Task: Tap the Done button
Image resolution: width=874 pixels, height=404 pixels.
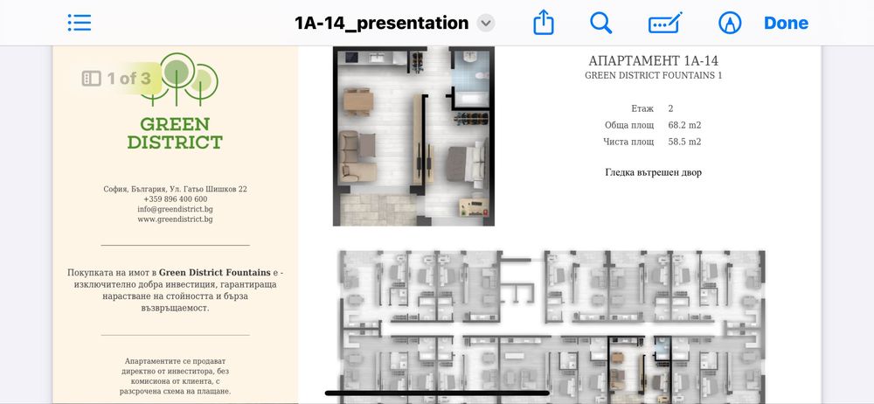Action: [x=786, y=23]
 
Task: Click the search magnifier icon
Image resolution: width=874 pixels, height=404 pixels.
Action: [x=601, y=23]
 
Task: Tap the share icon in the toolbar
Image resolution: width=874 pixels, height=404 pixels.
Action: [x=544, y=23]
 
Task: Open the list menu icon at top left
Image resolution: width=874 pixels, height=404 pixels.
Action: [x=80, y=23]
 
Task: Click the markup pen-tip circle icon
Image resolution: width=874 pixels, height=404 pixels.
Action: [x=730, y=23]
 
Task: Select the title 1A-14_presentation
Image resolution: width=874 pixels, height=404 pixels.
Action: [x=381, y=23]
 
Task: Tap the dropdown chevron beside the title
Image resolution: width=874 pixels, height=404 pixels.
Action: [x=486, y=24]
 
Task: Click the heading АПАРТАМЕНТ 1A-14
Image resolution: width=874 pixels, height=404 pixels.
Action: [x=653, y=61]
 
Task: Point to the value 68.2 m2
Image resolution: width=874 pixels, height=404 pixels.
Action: [x=684, y=125]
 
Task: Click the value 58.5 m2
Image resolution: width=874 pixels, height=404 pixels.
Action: [x=684, y=142]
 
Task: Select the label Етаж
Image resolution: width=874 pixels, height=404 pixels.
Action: [x=642, y=108]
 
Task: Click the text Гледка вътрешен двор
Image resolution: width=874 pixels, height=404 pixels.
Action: [x=653, y=172]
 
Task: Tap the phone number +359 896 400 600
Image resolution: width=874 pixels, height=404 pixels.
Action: [x=175, y=199]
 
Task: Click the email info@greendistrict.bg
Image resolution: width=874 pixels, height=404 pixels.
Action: [x=175, y=209]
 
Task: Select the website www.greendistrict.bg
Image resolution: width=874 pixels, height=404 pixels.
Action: [x=175, y=219]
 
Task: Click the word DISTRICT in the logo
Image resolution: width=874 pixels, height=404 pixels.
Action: [x=175, y=143]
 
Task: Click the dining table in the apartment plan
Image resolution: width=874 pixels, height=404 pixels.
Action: [x=357, y=101]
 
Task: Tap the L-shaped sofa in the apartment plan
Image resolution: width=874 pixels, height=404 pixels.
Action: [x=357, y=157]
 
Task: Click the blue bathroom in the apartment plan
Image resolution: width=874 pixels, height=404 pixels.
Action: [x=470, y=78]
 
